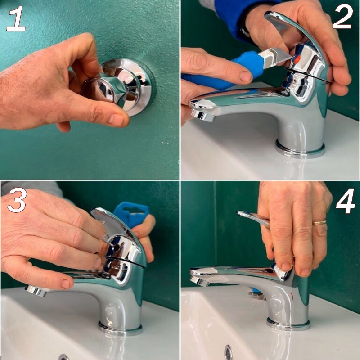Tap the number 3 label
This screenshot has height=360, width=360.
[17, 201]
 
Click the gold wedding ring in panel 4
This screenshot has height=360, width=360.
[320, 222]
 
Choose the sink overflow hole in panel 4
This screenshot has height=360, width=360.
[229, 352]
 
